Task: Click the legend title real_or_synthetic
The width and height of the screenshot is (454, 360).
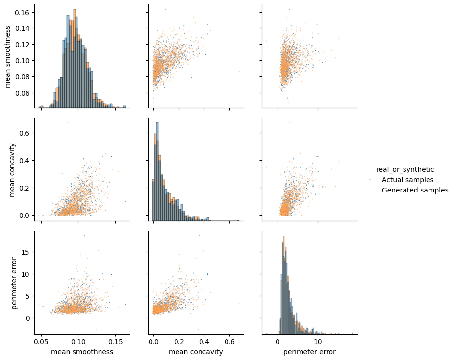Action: [405, 169]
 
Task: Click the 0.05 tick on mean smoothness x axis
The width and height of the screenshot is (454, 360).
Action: [41, 341]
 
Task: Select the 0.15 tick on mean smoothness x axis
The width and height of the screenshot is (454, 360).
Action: [116, 341]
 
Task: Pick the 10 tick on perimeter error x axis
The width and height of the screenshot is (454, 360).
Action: [318, 341]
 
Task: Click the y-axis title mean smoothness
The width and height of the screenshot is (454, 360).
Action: [8, 56]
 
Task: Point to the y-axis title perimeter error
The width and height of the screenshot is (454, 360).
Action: [14, 283]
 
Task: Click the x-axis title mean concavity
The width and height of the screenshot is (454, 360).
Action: [196, 352]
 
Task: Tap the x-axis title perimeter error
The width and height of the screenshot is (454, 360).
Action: [309, 352]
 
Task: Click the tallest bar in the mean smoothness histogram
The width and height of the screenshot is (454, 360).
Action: [75, 58]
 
